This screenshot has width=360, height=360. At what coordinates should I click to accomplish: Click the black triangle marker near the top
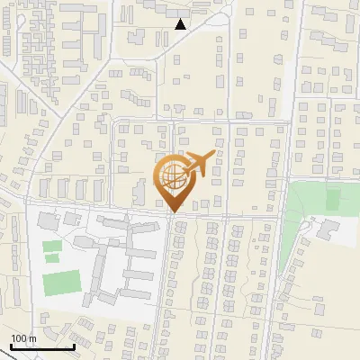coord(181,24)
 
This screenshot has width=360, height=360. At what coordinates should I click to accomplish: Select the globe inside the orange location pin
coord(172,176)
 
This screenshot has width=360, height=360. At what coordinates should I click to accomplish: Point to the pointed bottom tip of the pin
coord(173,212)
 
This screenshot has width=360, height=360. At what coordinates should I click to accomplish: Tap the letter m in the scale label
coord(32,338)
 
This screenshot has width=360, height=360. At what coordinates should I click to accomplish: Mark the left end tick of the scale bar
coord(12,346)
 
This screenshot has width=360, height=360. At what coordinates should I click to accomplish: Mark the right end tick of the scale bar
coord(74,346)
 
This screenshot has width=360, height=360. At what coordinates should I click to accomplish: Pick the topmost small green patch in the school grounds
coord(52,245)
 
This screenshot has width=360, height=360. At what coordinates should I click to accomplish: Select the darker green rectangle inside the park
coord(333,199)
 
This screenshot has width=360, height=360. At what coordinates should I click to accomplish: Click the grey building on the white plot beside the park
coord(326,229)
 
